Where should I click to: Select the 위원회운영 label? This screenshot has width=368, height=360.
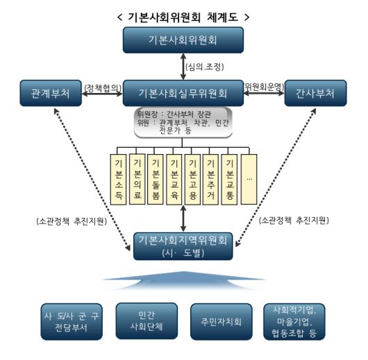[262, 86]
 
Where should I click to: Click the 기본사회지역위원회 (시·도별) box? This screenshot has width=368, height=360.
[183, 246]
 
